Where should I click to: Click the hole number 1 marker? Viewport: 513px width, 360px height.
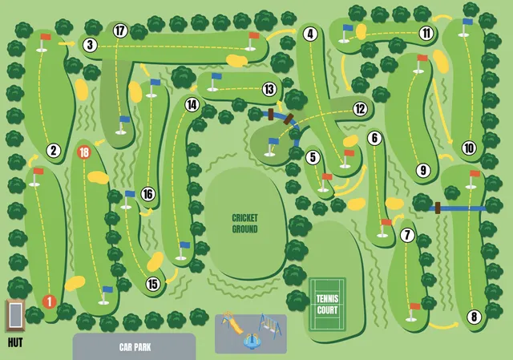tap(49, 301)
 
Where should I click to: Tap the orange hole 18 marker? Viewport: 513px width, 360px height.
tap(84, 152)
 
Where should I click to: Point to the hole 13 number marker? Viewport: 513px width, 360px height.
tap(269, 89)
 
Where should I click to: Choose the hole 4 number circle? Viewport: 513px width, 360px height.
tap(309, 34)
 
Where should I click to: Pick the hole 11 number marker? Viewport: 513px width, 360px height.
tap(426, 34)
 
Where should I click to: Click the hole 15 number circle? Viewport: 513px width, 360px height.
tap(152, 283)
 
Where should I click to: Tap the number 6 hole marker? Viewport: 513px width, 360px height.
tap(374, 138)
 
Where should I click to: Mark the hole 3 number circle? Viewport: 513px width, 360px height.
tap(90, 45)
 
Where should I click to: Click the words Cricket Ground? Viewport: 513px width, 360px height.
tap(244, 224)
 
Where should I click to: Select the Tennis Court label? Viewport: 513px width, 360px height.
tap(326, 304)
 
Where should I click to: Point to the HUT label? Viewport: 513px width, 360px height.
tap(14, 342)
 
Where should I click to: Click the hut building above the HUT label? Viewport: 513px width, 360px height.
tap(15, 316)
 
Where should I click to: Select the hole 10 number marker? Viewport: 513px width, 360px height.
tap(469, 148)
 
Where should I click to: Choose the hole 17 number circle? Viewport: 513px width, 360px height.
tap(120, 31)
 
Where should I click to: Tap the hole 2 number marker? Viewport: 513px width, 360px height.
tap(54, 150)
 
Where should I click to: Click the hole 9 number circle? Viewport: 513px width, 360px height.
tap(423, 169)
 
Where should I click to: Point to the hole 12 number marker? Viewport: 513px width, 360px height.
tap(359, 108)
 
